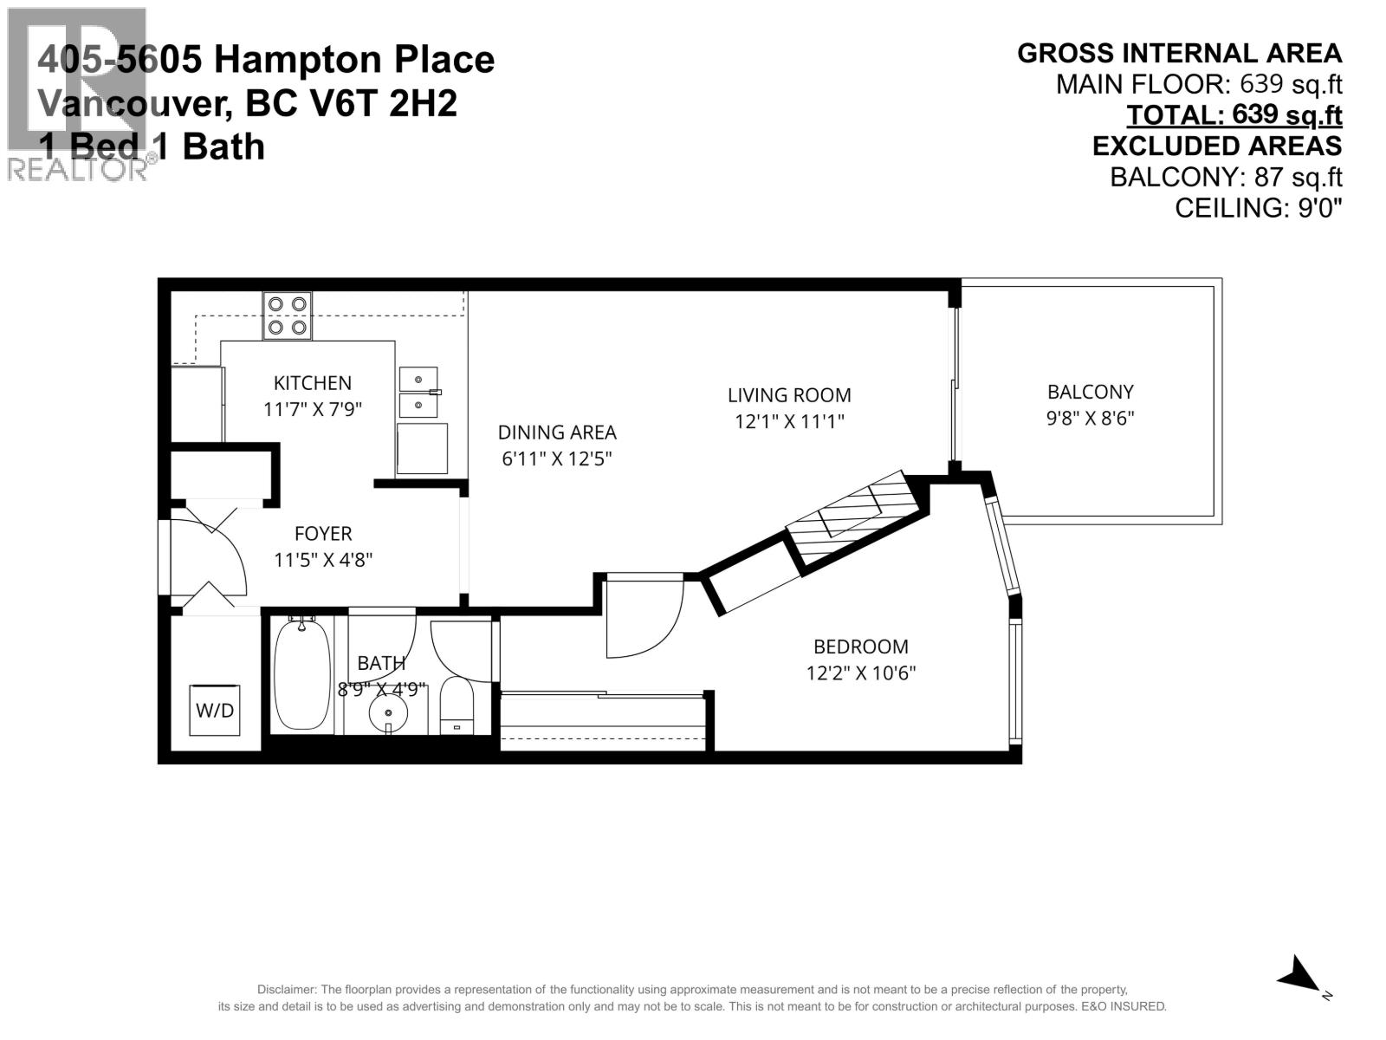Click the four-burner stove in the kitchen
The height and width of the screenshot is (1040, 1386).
click(x=288, y=316)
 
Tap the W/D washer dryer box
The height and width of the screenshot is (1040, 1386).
click(x=215, y=711)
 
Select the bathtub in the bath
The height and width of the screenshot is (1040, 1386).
click(x=302, y=674)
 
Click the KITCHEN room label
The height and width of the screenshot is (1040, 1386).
click(x=313, y=383)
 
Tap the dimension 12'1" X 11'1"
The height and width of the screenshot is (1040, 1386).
click(x=789, y=422)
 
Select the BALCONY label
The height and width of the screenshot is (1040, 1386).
click(x=1090, y=392)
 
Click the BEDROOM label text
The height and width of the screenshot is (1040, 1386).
click(x=860, y=647)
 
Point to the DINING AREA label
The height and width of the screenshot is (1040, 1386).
click(x=557, y=432)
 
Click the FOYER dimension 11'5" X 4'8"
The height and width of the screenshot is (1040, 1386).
click(x=323, y=560)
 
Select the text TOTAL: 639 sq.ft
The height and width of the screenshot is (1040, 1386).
click(x=1234, y=115)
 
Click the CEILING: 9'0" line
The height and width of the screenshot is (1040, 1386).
click(x=1258, y=208)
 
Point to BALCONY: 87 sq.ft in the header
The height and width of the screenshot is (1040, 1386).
click(x=1226, y=177)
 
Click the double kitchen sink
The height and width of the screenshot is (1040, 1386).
click(x=418, y=392)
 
